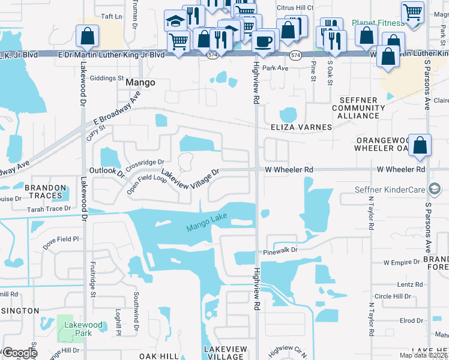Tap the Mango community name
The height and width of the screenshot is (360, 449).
coord(140,83)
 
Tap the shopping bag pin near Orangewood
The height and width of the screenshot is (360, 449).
coord(420,145)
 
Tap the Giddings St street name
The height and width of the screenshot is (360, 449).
coord(106,78)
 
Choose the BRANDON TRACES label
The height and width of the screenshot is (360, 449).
coord(45,192)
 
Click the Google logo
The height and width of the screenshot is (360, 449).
coord(20,353)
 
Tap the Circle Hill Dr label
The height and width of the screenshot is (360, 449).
coord(393,296)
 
